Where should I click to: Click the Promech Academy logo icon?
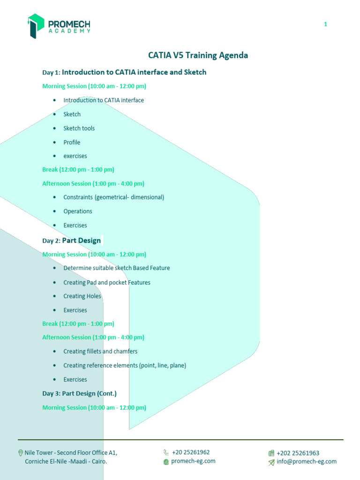click(36, 25)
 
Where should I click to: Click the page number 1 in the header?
click(325, 24)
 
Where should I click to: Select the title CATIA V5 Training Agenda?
click(198, 55)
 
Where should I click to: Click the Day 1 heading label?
click(52, 73)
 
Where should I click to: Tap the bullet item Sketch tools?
click(79, 128)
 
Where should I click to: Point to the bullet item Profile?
click(72, 142)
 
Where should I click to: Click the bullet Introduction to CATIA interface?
click(104, 100)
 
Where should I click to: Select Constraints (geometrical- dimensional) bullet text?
click(113, 197)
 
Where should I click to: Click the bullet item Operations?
click(78, 211)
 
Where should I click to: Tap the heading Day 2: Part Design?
click(71, 240)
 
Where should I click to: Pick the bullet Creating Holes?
click(82, 296)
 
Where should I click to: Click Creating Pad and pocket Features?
click(107, 282)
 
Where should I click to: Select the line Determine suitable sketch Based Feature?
click(116, 268)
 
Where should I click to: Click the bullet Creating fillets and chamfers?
click(100, 351)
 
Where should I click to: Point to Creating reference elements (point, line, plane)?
click(125, 365)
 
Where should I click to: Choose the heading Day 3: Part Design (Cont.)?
click(79, 393)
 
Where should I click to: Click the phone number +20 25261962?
click(191, 452)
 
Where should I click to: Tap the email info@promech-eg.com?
click(307, 461)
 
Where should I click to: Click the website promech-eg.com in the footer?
click(193, 461)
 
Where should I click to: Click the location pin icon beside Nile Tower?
click(20, 453)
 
